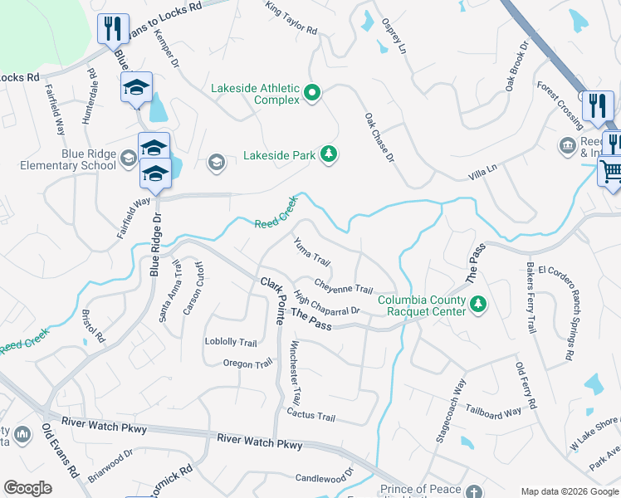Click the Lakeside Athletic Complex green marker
pos(312,92)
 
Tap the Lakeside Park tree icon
pos(330,154)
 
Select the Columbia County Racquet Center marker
pos(477,305)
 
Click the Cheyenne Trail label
pos(343,287)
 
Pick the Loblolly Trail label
pos(231,342)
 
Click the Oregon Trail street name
pos(247,364)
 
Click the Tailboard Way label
pos(493,411)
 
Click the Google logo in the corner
pos(28,488)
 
